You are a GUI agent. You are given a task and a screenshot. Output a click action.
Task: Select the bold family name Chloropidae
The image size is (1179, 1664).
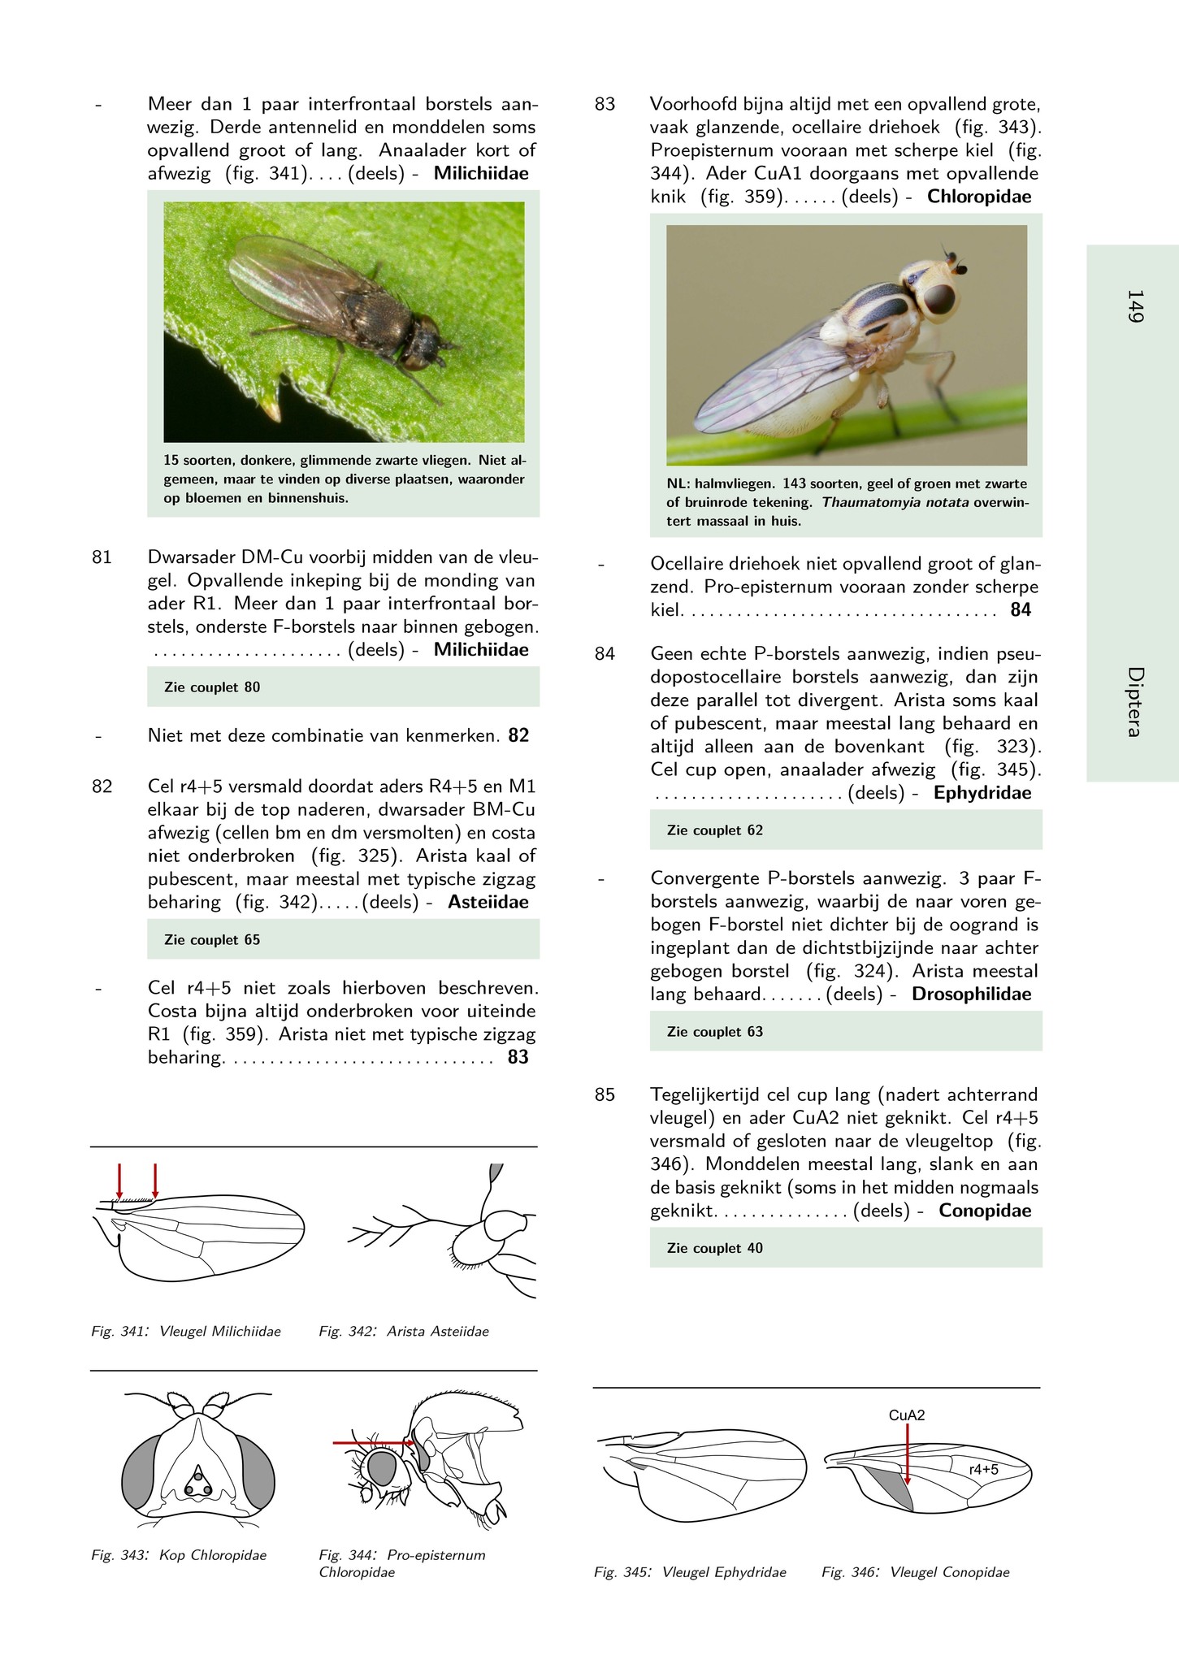(x=978, y=197)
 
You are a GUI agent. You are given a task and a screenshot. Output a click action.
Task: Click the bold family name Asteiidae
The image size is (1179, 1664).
(x=488, y=902)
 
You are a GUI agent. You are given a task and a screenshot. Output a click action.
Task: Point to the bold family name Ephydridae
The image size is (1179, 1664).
(x=982, y=793)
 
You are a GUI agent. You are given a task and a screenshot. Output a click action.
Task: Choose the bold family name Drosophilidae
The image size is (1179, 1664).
(x=971, y=994)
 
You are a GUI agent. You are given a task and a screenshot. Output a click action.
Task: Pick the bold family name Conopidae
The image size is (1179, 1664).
(x=984, y=1211)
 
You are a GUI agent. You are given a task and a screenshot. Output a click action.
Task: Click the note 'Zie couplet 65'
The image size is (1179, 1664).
(x=212, y=940)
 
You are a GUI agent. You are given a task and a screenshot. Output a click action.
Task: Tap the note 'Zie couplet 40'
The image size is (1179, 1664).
(x=714, y=1248)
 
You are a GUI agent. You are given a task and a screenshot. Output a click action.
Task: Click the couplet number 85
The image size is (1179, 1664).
(x=605, y=1095)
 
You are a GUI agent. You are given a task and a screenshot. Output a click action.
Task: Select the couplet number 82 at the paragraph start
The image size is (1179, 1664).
(x=102, y=786)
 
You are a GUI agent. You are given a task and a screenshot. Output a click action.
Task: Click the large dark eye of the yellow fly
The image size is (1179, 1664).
(x=939, y=300)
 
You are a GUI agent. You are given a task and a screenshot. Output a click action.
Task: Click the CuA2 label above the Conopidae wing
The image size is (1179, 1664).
(x=906, y=1415)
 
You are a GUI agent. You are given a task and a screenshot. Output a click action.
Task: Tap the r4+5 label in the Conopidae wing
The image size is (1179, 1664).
(x=983, y=1469)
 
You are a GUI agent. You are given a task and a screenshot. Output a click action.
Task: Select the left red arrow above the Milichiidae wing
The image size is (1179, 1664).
(x=119, y=1181)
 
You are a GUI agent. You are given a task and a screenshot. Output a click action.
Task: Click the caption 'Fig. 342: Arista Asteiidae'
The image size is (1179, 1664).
(x=404, y=1332)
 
